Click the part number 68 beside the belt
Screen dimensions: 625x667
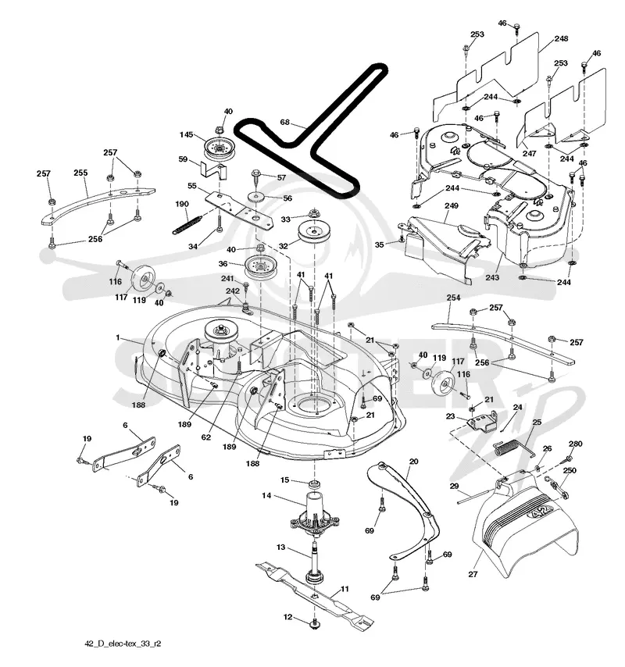point(284,122)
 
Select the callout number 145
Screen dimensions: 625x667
point(187,134)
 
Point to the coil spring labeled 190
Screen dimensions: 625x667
point(187,223)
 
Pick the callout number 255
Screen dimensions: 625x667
point(80,173)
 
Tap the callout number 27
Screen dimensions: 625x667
point(473,574)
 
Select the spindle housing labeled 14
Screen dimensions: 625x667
point(314,512)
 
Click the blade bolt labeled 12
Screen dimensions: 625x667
point(314,623)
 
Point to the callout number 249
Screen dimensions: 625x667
point(452,206)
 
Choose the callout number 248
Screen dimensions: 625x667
point(561,39)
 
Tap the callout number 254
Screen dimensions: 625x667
point(454,298)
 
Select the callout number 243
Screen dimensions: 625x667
point(492,277)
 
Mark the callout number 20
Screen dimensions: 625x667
point(413,461)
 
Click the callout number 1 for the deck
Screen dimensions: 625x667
point(118,337)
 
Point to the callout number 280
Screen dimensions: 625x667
point(575,444)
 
